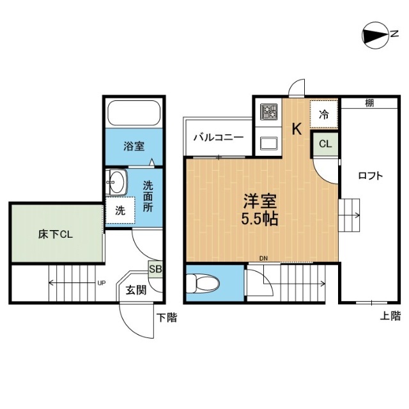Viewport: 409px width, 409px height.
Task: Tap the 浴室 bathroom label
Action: tap(134, 146)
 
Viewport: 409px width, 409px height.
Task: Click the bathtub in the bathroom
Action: tap(135, 113)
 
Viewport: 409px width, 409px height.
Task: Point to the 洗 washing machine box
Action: tap(120, 210)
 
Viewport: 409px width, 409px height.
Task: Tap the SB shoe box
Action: tap(155, 268)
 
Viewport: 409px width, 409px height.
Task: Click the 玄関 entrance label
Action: tap(135, 290)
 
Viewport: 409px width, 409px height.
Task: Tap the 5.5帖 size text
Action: tap(259, 217)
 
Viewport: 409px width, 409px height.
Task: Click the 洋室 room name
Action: tap(259, 199)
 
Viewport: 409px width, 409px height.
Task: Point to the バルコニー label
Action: tap(217, 137)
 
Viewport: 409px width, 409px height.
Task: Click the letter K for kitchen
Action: tap(297, 128)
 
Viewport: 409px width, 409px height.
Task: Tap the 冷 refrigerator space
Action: tap(324, 114)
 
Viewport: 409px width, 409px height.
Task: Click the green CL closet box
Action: tap(325, 144)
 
